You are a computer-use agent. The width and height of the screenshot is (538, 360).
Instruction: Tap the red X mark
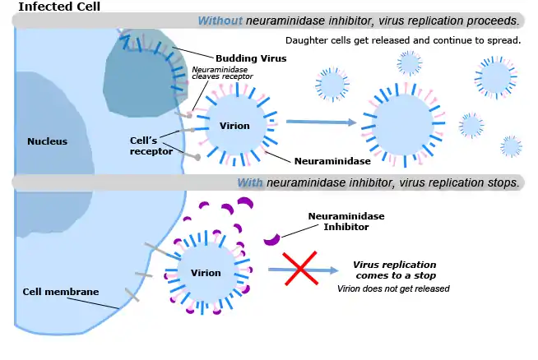coord(301,269)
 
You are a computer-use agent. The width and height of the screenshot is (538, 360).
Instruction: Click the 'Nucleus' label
coord(47,141)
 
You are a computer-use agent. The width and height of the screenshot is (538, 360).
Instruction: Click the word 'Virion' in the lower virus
coord(206,273)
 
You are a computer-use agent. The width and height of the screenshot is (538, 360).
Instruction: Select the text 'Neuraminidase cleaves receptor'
coord(222,73)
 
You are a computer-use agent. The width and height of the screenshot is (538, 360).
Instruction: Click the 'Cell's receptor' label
coord(151,145)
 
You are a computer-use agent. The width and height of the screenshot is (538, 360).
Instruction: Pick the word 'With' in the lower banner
coord(250,182)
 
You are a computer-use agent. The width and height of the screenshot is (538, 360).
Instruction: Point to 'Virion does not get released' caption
coord(393,288)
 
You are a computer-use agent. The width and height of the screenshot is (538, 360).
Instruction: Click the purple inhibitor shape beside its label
coord(271,240)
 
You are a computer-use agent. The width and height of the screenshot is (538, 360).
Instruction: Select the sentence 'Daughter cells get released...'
coord(402,40)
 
